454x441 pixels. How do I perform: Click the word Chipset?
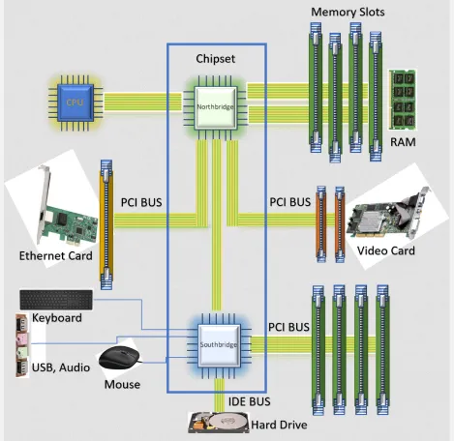click(x=216, y=59)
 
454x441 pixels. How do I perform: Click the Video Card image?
click(x=387, y=216)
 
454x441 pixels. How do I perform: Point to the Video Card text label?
click(x=386, y=251)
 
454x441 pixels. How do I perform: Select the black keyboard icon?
click(x=56, y=300)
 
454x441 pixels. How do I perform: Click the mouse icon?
click(x=121, y=358)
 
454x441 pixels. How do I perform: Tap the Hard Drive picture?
click(x=221, y=424)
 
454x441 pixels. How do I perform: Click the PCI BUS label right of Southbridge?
click(x=288, y=327)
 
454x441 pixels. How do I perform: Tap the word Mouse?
click(x=121, y=385)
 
